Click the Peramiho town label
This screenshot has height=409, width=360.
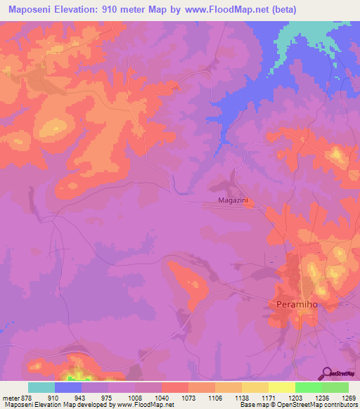(295, 306)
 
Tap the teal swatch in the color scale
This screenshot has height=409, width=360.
(41, 387)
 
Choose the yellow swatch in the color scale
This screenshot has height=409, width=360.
(255, 387)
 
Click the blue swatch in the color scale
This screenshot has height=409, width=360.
(68, 387)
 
